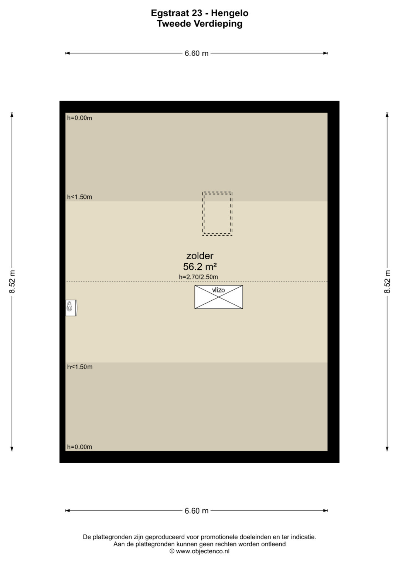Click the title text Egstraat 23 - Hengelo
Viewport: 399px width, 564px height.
(x=199, y=13)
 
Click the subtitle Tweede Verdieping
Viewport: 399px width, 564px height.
(x=199, y=24)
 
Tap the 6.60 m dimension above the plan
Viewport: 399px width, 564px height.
(x=197, y=53)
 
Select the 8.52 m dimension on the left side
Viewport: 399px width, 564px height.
(x=12, y=282)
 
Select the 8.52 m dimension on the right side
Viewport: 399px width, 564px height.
(x=387, y=282)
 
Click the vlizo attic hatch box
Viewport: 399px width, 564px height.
(x=219, y=297)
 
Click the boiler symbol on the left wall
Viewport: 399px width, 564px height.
(x=71, y=308)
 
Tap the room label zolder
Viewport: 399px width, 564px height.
(x=200, y=256)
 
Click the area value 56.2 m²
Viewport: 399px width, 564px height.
(x=200, y=266)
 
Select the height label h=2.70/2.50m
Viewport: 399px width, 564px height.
(x=198, y=277)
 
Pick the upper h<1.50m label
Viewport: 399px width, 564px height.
(x=79, y=197)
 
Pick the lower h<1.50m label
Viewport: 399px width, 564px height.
(x=79, y=367)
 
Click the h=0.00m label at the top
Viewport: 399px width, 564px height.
(x=79, y=118)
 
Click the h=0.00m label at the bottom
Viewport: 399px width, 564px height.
(x=79, y=447)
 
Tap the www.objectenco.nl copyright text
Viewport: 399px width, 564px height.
(x=199, y=551)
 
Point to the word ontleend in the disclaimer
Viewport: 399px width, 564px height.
(x=273, y=544)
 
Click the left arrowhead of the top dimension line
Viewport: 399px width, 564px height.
(x=67, y=53)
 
